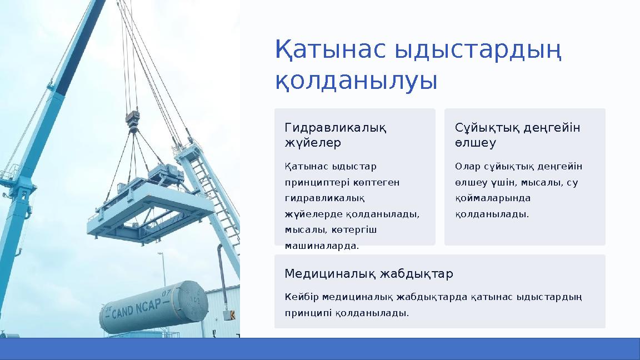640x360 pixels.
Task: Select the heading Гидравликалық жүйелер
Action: click(336, 135)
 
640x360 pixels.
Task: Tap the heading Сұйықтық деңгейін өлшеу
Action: click(517, 135)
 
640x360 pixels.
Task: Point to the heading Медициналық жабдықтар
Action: click(368, 274)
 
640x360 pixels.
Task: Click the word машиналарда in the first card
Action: click(322, 246)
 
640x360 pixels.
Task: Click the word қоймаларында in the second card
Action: click(485, 198)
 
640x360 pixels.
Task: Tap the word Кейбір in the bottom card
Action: click(302, 297)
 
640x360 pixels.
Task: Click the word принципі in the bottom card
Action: click(308, 313)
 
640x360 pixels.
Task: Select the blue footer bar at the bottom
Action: click(320, 348)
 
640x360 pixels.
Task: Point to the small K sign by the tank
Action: click(232, 315)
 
